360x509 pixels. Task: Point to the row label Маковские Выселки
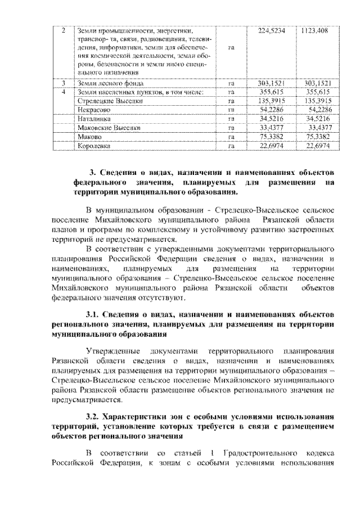tap(107, 128)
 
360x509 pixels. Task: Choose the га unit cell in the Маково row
tap(231, 137)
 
